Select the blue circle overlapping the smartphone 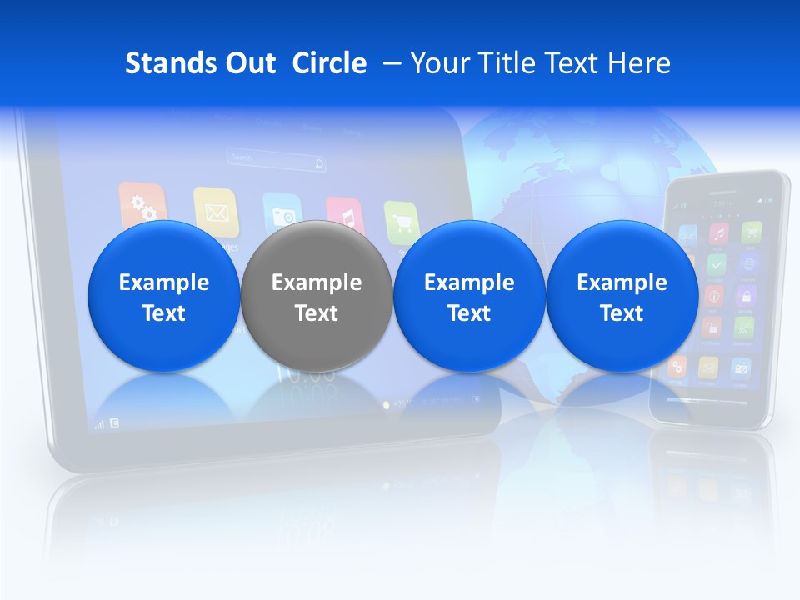click(x=622, y=296)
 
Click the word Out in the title click(x=249, y=63)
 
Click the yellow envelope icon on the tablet click(x=216, y=211)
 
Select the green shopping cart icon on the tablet click(x=402, y=221)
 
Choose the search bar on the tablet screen click(x=275, y=157)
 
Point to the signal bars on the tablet click(x=99, y=423)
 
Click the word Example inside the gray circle click(x=317, y=282)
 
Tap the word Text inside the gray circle click(x=317, y=313)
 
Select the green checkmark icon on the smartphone click(x=717, y=265)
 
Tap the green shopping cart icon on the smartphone click(x=752, y=232)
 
